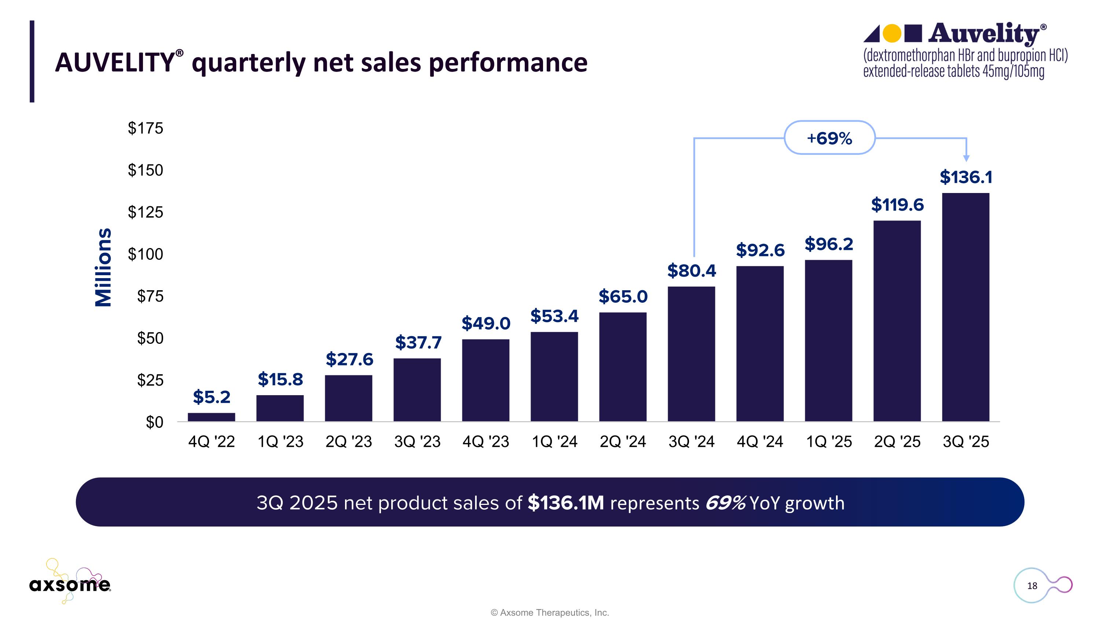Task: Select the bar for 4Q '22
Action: point(211,417)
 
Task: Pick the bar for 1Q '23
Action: point(280,408)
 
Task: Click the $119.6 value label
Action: point(897,205)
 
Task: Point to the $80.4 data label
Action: point(691,271)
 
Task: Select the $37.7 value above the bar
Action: point(418,343)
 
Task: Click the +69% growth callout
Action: point(829,138)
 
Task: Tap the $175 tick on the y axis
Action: point(145,128)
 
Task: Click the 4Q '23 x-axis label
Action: point(485,442)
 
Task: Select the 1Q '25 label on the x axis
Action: point(828,442)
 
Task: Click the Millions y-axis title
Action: point(103,267)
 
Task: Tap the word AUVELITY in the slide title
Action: point(114,63)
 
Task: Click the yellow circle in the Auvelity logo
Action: point(892,33)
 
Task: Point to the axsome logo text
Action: point(70,585)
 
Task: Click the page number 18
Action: point(1032,586)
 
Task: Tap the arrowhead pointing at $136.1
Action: point(966,158)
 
